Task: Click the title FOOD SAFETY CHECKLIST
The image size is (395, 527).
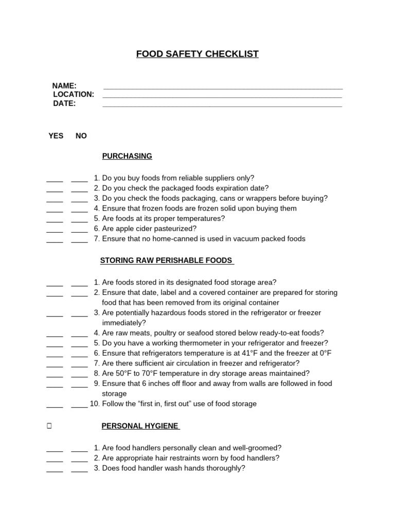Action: (x=197, y=54)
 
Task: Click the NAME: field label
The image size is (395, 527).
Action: (x=64, y=85)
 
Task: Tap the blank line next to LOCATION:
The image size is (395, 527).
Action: (x=222, y=96)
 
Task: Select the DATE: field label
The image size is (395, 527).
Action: (x=64, y=103)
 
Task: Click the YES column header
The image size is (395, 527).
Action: (x=56, y=136)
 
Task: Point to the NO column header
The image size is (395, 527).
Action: (x=81, y=136)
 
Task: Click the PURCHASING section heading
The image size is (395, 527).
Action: (x=127, y=156)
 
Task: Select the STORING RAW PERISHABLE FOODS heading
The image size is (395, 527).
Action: (x=167, y=260)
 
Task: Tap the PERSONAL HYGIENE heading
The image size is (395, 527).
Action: (x=140, y=426)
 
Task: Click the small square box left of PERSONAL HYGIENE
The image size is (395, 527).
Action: (x=48, y=427)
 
